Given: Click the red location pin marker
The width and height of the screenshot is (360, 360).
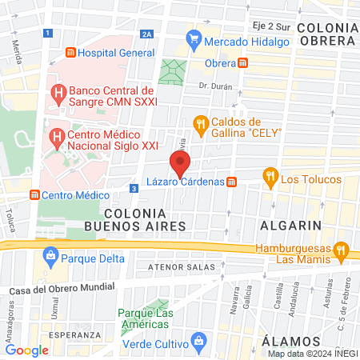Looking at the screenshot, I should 181,162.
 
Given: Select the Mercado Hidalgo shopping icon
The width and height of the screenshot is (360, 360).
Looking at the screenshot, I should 192,38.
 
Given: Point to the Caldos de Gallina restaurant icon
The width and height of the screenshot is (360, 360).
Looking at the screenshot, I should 200,123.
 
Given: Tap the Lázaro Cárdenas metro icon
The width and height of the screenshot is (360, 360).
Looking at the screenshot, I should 232,182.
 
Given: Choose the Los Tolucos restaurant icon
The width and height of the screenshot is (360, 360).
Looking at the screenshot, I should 270,178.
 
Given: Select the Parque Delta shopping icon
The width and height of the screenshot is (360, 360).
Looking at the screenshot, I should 50,258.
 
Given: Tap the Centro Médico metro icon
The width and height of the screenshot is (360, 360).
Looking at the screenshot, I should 34,194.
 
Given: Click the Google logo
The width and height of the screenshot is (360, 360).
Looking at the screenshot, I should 26,350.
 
